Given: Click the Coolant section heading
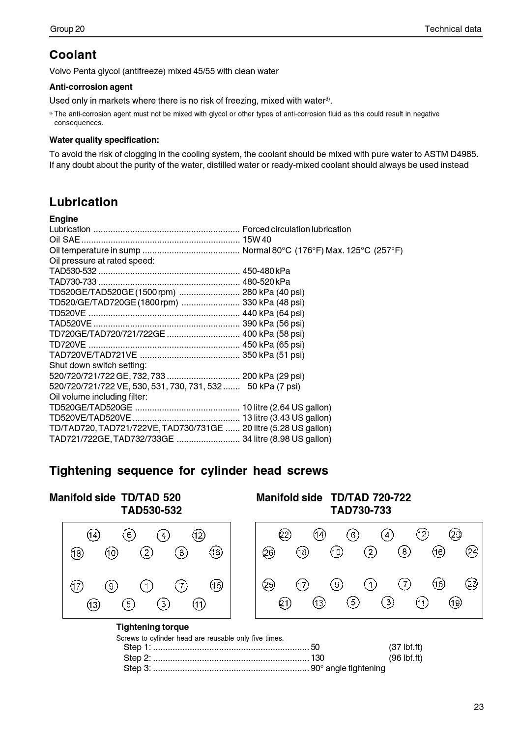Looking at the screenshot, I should click(x=73, y=54).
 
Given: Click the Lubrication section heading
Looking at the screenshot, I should click(x=84, y=202).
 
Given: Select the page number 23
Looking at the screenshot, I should click(x=479, y=707).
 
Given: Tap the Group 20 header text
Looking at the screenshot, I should click(x=67, y=29).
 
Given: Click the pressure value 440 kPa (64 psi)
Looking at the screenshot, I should click(x=273, y=313).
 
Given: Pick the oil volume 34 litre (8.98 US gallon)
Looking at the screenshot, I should click(x=287, y=439).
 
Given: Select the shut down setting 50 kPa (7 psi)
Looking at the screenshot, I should click(x=274, y=386).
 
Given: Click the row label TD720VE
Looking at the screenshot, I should click(x=68, y=345).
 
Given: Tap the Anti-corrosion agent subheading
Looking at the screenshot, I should click(x=91, y=87).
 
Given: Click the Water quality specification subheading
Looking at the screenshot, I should click(x=104, y=140).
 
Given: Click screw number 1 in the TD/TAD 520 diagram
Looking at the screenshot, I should click(x=146, y=586).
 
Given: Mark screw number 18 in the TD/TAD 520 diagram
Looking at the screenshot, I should click(x=77, y=554).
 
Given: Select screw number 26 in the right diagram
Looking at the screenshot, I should click(x=269, y=553).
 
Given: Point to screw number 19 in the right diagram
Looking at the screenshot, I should click(x=456, y=602).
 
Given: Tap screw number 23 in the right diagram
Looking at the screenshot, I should click(x=472, y=584).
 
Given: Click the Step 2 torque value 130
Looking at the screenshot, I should click(x=318, y=658).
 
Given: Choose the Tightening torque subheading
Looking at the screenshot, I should click(x=152, y=627).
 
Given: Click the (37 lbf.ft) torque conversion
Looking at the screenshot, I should click(x=405, y=647).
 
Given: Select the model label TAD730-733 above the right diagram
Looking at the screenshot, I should click(x=361, y=511).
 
